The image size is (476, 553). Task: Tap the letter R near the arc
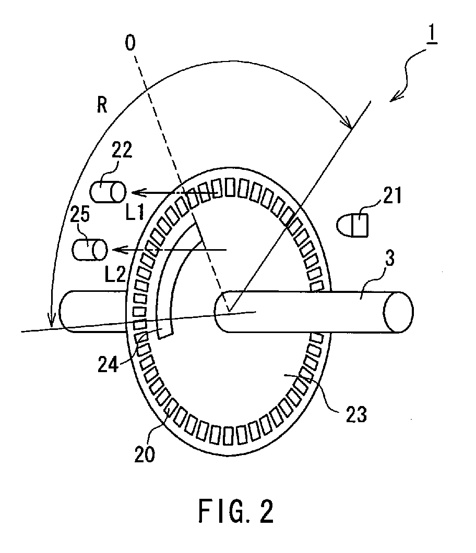102,106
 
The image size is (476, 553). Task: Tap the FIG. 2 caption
236,512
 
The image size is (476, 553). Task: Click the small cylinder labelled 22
108,192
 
